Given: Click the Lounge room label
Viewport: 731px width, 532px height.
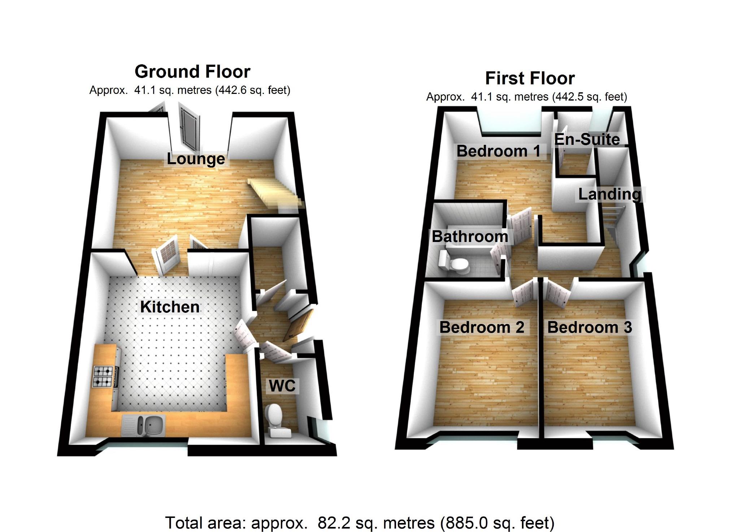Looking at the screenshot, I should (196, 159).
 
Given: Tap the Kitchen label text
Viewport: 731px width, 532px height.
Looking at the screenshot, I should (170, 307).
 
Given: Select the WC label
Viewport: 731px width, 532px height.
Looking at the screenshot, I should (282, 386).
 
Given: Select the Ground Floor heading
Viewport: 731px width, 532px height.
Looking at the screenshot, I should (192, 72).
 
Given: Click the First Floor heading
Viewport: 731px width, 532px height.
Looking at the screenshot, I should (530, 78).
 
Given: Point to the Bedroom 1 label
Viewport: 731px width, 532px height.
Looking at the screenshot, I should (498, 151).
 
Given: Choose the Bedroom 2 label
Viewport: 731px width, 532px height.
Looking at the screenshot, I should (482, 327).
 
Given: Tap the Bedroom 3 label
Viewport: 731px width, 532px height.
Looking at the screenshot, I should (589, 327).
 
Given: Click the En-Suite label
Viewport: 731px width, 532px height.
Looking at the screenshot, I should (587, 139).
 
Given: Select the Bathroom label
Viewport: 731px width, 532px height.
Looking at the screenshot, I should (470, 237).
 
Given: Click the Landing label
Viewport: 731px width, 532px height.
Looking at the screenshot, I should (610, 194).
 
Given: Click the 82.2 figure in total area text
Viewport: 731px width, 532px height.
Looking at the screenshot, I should (331, 523).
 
